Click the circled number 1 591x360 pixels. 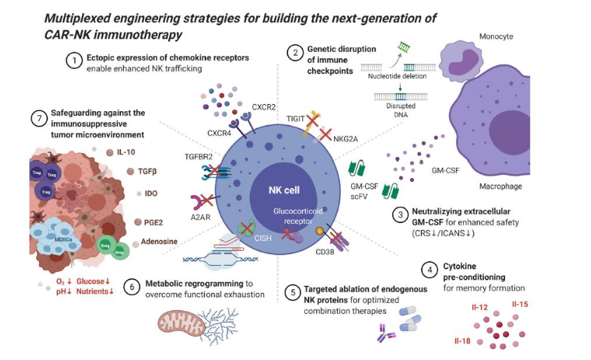(74, 62)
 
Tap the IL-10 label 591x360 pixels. (127, 151)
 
